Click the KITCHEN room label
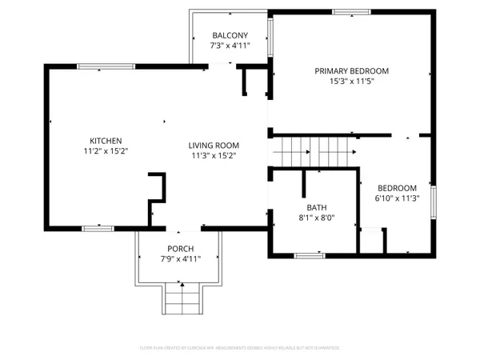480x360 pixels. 106,138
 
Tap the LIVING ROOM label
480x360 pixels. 214,145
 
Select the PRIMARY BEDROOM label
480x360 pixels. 351,70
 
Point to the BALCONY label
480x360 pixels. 230,35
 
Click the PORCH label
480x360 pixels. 179,249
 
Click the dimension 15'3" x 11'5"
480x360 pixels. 351,81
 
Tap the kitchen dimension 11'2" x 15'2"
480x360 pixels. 106,150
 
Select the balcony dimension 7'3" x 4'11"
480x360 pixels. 230,46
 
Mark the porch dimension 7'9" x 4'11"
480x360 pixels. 179,259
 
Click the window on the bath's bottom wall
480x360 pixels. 309,255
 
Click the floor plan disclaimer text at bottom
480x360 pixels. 239,348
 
